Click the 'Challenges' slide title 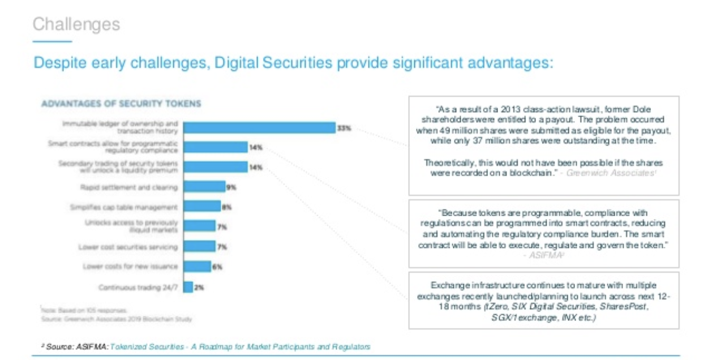(x=76, y=24)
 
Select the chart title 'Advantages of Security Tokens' (x=121, y=104)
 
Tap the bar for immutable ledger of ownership (x=260, y=127)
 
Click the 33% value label (x=344, y=128)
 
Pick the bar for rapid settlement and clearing (x=204, y=186)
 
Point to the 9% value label (x=232, y=186)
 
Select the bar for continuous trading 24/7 (x=188, y=287)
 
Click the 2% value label (x=199, y=288)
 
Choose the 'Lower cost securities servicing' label (x=127, y=247)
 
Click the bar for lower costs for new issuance (x=197, y=267)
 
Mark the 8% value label (x=226, y=207)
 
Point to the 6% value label (x=216, y=267)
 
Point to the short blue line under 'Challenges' (x=53, y=41)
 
